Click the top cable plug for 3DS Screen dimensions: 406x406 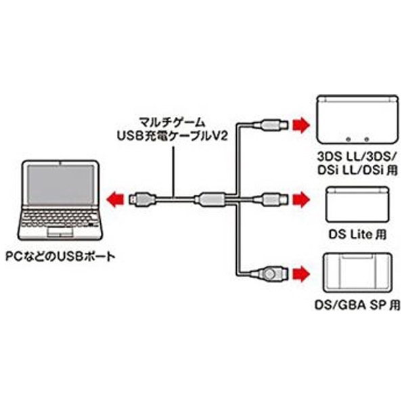pyautogui.click(x=271, y=125)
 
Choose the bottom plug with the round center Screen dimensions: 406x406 pyautogui.click(x=270, y=274)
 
